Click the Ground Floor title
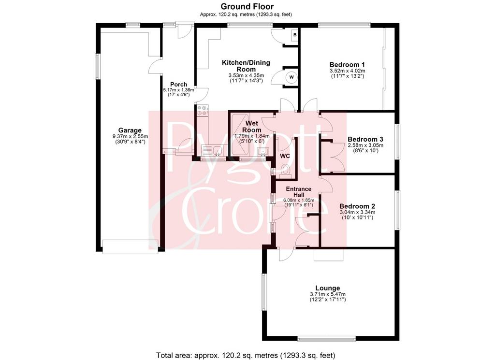pyautogui.click(x=247, y=6)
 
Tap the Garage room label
pyautogui.click(x=130, y=130)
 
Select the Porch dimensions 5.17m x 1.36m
pyautogui.click(x=178, y=90)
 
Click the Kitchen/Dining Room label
pyautogui.click(x=246, y=66)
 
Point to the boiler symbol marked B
pyautogui.click(x=295, y=35)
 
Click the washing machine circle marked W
pyautogui.click(x=291, y=77)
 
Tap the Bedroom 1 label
pyautogui.click(x=347, y=65)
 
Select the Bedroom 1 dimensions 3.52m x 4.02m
pyautogui.click(x=347, y=71)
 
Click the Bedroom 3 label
pyautogui.click(x=365, y=139)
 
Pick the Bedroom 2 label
pyautogui.click(x=357, y=206)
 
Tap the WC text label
pyautogui.click(x=285, y=156)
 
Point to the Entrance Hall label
pyautogui.click(x=298, y=192)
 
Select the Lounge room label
pyautogui.click(x=328, y=288)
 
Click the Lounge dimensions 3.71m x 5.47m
pyautogui.click(x=328, y=294)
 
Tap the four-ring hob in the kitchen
pyautogui.click(x=203, y=110)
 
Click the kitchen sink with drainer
pyautogui.click(x=213, y=150)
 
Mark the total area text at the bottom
pyautogui.click(x=246, y=355)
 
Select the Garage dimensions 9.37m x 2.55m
pyautogui.click(x=130, y=137)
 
